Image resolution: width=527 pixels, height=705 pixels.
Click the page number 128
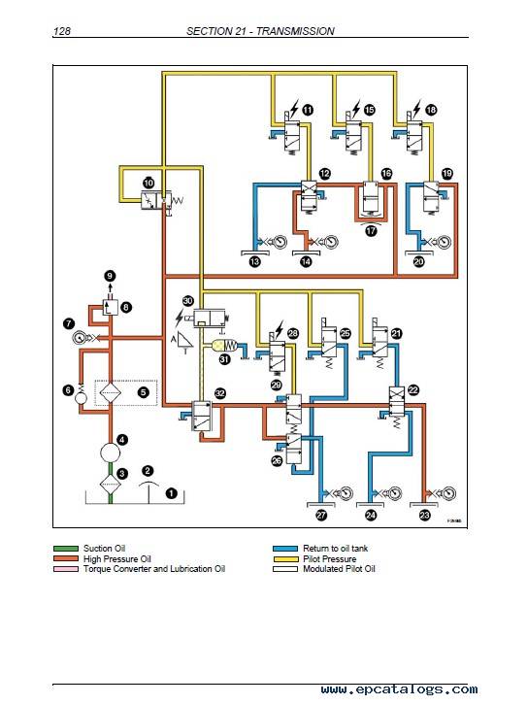[x=61, y=31]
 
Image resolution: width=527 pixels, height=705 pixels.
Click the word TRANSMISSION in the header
[x=295, y=31]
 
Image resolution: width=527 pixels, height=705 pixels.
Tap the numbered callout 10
[x=148, y=183]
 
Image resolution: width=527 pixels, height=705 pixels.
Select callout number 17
[x=371, y=231]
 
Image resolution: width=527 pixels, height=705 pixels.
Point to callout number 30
[x=187, y=301]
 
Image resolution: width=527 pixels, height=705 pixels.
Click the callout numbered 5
[x=144, y=392]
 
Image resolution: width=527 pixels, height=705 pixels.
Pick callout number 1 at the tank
[x=171, y=493]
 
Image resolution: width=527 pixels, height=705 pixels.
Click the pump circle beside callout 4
[x=110, y=452]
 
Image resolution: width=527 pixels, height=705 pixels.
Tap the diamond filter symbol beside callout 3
[x=110, y=484]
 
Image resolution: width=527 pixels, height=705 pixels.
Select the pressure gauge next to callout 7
[x=80, y=337]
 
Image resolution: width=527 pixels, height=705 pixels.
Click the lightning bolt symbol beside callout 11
[x=293, y=109]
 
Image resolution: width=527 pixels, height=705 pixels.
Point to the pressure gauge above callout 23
[x=448, y=493]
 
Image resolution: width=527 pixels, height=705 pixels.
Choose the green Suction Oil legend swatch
[x=66, y=549]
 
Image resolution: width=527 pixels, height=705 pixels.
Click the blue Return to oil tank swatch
[x=285, y=549]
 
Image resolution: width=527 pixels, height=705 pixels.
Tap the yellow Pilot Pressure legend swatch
[x=285, y=559]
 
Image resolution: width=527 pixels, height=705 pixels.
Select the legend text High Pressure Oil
[x=117, y=559]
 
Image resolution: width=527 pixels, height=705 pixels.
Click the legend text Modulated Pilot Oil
[x=340, y=569]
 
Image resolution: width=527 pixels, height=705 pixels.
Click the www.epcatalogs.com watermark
[x=400, y=689]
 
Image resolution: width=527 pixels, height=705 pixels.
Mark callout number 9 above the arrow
[x=110, y=276]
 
